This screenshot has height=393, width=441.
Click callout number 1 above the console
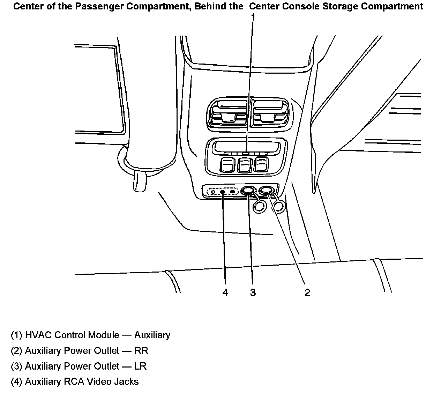click(253, 17)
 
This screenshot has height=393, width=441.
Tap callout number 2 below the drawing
click(307, 292)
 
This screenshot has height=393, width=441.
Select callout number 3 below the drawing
click(253, 292)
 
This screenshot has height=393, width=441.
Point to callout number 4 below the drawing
click(225, 292)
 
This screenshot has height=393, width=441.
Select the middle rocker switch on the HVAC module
click(244, 164)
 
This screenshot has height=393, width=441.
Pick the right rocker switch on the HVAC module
click(261, 164)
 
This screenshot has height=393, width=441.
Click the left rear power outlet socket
click(248, 191)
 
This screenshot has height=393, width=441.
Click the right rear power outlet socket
click(267, 191)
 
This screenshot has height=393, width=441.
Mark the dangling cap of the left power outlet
click(260, 207)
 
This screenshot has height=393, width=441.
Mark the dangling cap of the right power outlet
click(279, 207)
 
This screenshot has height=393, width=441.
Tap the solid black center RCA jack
click(222, 192)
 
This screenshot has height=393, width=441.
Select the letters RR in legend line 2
click(141, 351)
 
